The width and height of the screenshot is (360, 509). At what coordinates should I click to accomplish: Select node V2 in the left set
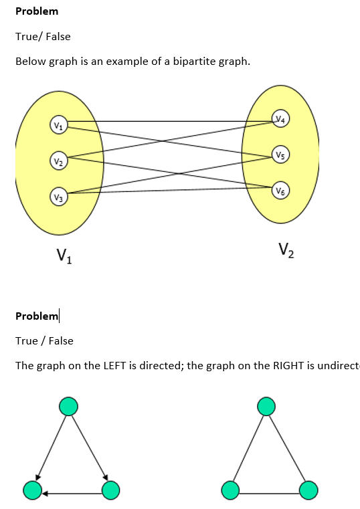[x=59, y=161]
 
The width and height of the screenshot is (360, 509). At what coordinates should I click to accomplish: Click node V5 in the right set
[x=281, y=155]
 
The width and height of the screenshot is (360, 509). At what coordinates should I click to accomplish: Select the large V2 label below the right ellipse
[x=286, y=252]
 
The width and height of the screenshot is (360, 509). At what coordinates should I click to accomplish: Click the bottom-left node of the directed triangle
[x=31, y=490]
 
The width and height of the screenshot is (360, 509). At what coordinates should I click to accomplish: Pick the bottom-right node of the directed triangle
[x=110, y=490]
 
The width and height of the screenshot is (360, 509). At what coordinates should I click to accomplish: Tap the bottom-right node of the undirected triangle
[x=308, y=490]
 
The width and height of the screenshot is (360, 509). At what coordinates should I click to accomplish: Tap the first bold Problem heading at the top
[x=37, y=11]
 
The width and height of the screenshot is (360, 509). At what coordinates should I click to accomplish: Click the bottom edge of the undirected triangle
[x=270, y=494]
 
